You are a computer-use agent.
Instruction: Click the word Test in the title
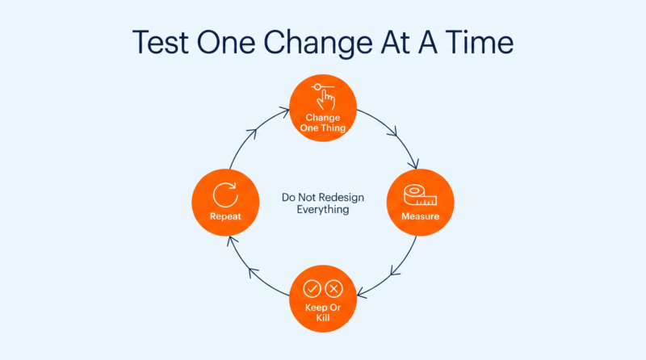click(x=160, y=42)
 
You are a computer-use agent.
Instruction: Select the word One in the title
click(x=226, y=42)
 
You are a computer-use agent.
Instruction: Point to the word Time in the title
click(x=479, y=42)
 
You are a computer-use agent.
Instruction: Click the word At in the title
click(x=395, y=42)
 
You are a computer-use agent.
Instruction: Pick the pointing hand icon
click(x=325, y=97)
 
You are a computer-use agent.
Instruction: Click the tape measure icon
click(x=420, y=195)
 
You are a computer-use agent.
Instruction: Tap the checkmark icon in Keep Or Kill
click(x=312, y=289)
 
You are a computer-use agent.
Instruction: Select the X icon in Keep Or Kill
click(x=333, y=289)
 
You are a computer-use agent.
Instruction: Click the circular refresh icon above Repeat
click(x=225, y=195)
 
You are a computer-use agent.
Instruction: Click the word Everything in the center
click(x=323, y=210)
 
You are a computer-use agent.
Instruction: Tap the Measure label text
click(x=420, y=216)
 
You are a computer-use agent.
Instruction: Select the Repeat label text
click(x=225, y=216)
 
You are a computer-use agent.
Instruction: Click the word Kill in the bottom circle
click(x=323, y=317)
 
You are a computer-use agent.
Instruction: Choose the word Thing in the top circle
click(x=333, y=128)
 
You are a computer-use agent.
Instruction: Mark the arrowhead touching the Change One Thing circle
click(x=284, y=111)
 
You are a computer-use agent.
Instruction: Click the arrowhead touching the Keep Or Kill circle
click(x=362, y=293)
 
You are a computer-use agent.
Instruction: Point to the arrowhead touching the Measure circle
click(x=413, y=164)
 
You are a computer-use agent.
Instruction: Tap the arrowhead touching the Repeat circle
click(x=233, y=242)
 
